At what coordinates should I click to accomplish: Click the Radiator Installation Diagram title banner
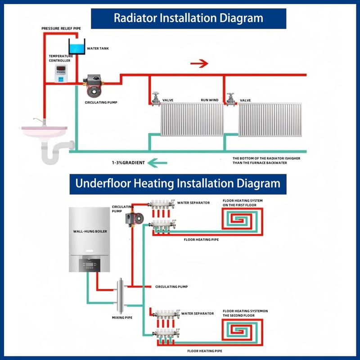pos(188,18)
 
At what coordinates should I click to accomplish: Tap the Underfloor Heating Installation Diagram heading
pos(178,184)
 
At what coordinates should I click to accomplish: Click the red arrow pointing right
pos(199,63)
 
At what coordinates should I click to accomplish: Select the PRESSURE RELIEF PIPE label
pos(61,28)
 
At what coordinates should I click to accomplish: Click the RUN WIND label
pos(209,100)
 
